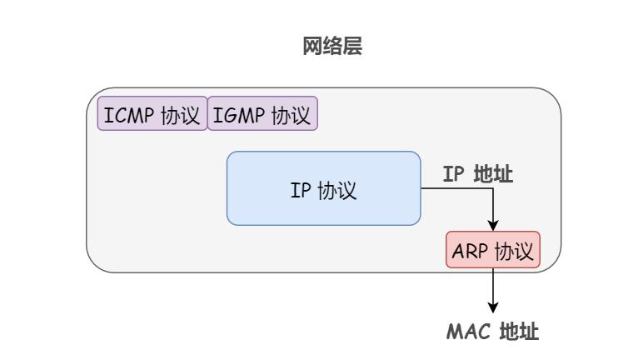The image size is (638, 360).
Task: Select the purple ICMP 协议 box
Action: tap(152, 114)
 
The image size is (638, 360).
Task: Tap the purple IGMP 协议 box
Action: tap(262, 114)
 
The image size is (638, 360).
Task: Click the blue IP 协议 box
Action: tap(323, 189)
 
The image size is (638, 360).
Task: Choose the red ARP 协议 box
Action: tap(493, 250)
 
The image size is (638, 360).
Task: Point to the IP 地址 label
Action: tap(477, 174)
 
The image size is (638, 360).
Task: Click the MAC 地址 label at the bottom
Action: tap(492, 332)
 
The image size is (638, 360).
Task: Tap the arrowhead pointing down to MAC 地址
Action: tap(493, 307)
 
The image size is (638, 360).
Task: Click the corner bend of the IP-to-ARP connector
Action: tap(493, 189)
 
